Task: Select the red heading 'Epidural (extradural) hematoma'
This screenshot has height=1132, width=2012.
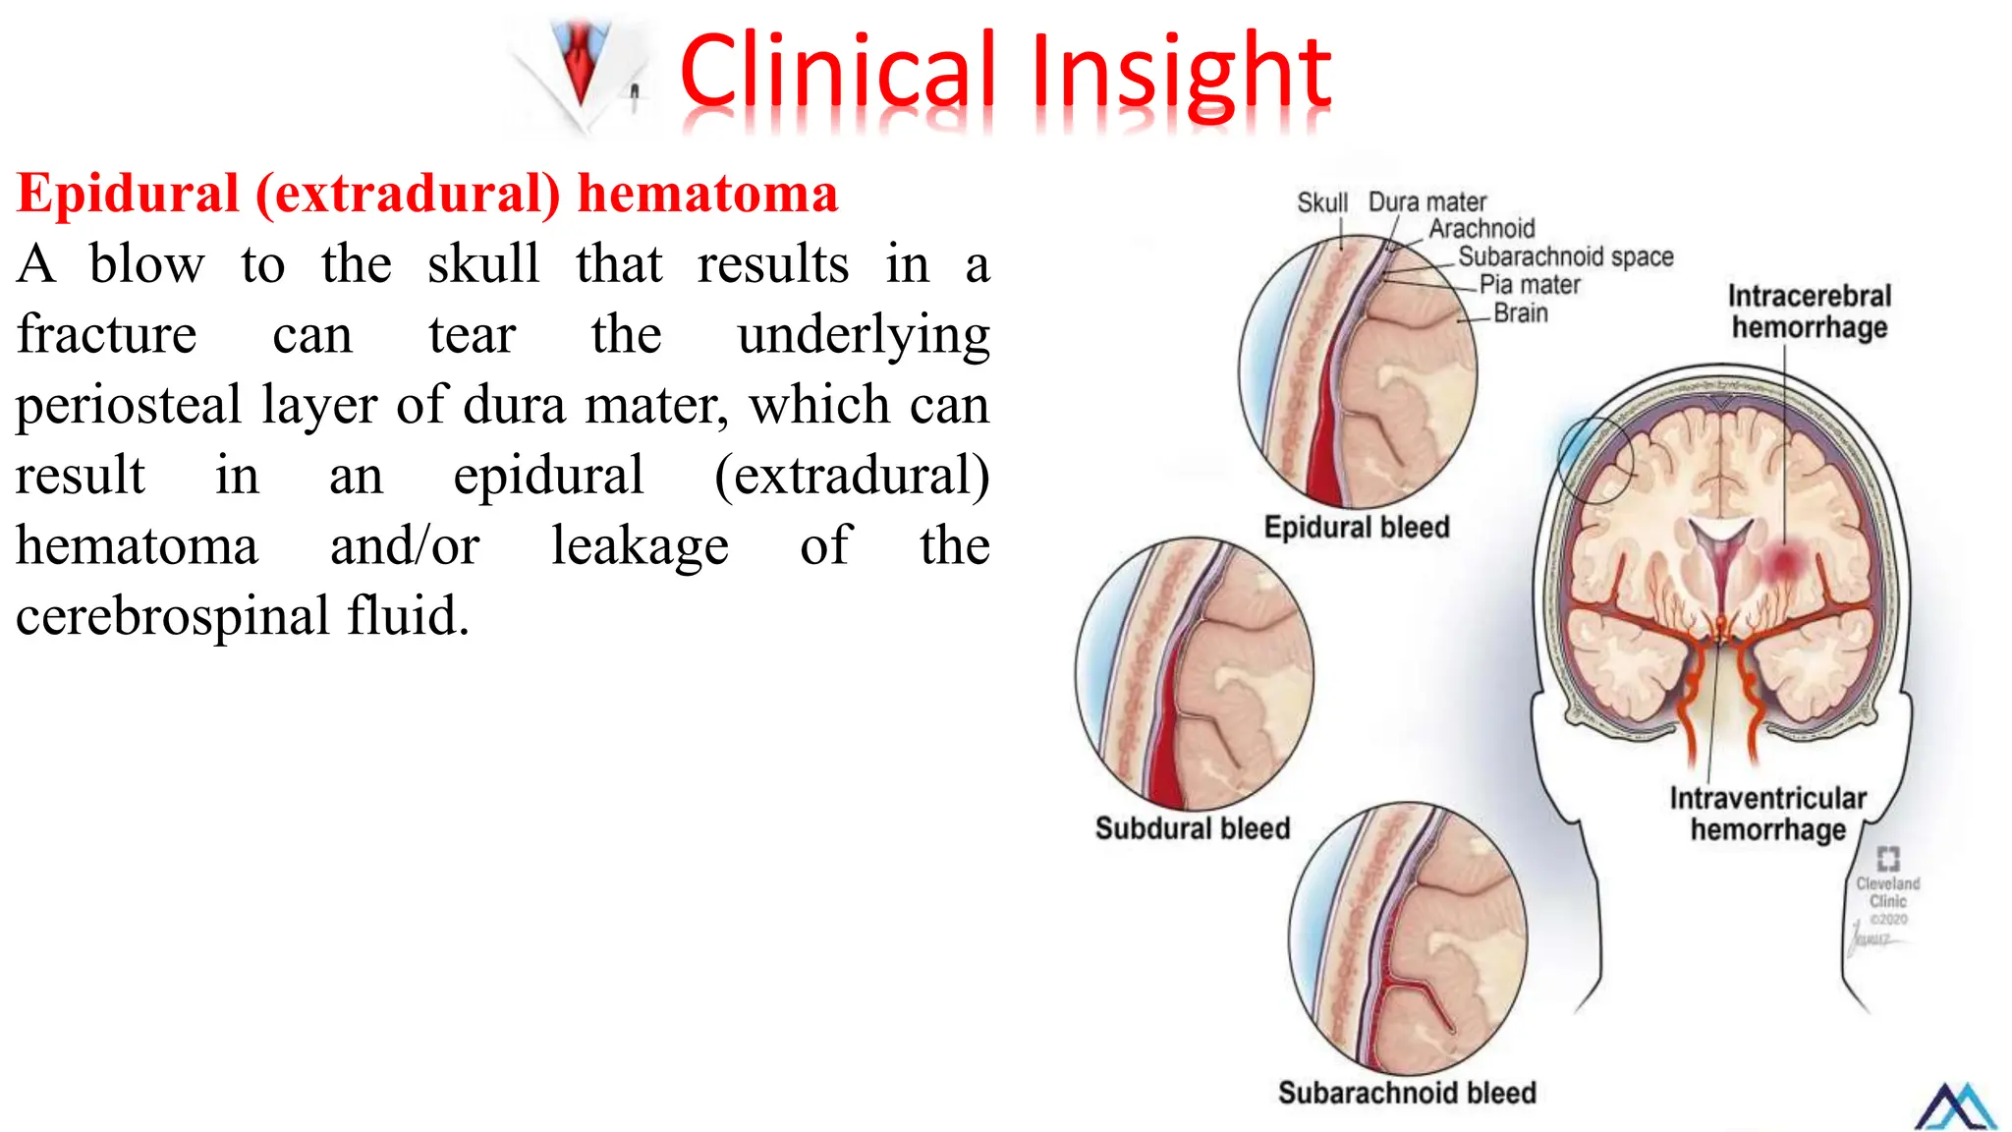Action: [x=427, y=193]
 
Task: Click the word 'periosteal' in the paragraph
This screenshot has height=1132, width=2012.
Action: [x=129, y=405]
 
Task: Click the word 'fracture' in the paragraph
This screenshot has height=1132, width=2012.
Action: [x=106, y=334]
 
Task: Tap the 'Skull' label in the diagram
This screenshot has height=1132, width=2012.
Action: [x=1321, y=203]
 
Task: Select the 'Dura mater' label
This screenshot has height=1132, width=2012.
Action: [x=1426, y=202]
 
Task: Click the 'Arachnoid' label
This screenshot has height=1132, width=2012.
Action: [x=1481, y=229]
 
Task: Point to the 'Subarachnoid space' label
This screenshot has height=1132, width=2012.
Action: [x=1565, y=257]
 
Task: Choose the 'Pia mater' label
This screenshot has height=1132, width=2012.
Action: [x=1530, y=285]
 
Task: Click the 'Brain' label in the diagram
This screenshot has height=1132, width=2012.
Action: [x=1520, y=313]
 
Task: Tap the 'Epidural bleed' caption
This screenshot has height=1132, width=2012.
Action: [x=1357, y=528]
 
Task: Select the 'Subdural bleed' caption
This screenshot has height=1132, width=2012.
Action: [x=1193, y=828]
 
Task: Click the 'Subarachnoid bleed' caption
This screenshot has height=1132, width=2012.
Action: [x=1407, y=1093]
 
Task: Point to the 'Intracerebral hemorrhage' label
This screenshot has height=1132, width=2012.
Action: [x=1809, y=311]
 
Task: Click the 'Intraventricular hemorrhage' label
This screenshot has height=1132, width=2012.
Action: [x=1767, y=814]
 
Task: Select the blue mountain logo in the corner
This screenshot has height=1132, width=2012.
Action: [x=1955, y=1107]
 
